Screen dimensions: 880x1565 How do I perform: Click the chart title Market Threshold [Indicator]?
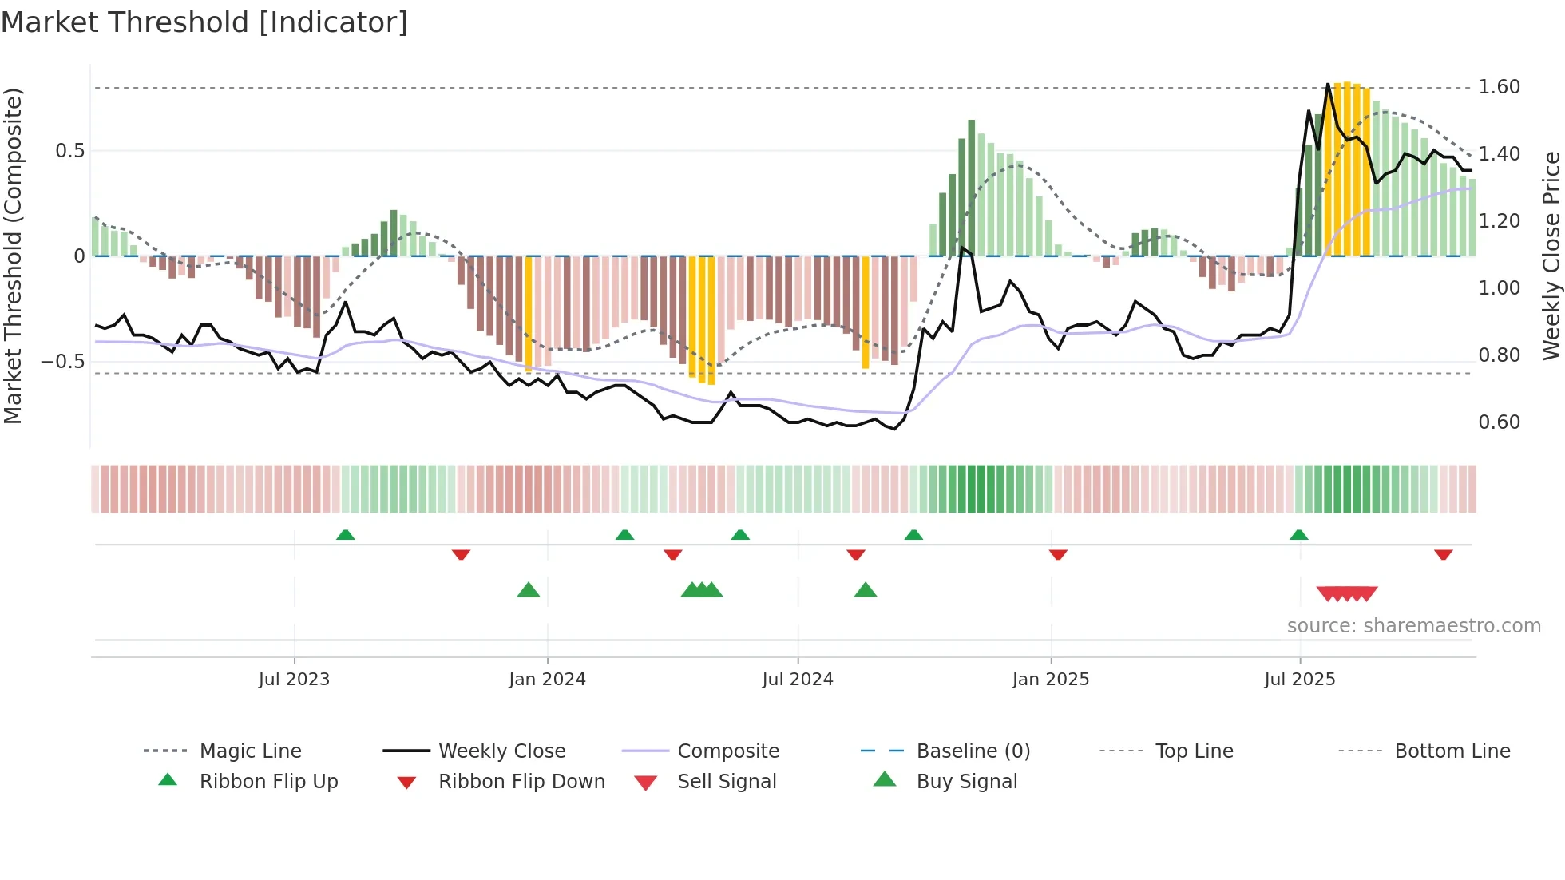point(204,22)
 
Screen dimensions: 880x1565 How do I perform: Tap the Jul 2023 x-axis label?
point(294,680)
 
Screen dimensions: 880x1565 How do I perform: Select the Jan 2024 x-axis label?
point(547,680)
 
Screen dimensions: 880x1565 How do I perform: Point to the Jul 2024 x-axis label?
point(798,680)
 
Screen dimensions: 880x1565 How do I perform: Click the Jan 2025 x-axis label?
point(1050,680)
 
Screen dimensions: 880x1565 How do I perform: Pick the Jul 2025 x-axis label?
point(1299,680)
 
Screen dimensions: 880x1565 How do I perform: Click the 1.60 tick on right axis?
point(1499,87)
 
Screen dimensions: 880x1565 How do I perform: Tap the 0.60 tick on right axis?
point(1499,422)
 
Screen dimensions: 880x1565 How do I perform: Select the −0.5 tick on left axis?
point(63,362)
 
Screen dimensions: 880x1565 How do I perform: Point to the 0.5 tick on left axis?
point(69,151)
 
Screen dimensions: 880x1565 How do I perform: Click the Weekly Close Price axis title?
point(1551,256)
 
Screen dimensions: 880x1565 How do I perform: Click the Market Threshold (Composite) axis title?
point(13,256)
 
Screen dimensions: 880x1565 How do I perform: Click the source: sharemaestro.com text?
point(1413,626)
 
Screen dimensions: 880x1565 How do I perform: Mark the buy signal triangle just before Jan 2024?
point(529,591)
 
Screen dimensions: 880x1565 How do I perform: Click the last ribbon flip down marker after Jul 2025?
point(1443,554)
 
